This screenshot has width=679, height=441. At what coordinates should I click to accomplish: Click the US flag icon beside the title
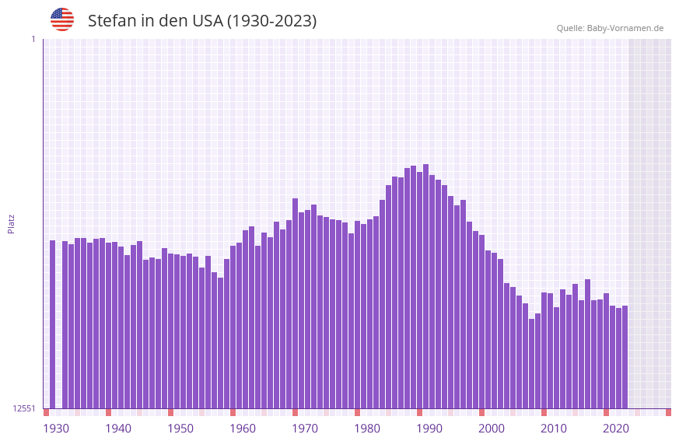[62, 19]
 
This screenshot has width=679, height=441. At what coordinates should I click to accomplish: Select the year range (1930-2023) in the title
[271, 21]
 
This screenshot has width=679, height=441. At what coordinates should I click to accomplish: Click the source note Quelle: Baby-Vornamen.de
[610, 28]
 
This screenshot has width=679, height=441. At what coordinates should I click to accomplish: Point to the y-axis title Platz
[11, 223]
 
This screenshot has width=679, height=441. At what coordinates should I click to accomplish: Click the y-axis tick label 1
[33, 39]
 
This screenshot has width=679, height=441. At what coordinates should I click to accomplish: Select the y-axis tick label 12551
[24, 408]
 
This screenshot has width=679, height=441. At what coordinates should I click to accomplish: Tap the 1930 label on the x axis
[56, 429]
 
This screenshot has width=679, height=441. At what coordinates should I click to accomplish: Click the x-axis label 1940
[118, 429]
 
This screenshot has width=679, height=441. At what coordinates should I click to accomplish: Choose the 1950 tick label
[180, 429]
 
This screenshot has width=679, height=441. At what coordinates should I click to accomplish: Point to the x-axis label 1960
[243, 429]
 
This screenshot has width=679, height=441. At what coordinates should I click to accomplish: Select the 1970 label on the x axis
[305, 429]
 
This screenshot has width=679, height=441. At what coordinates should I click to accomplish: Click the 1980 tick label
[367, 429]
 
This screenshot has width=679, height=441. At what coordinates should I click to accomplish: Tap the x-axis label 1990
[429, 429]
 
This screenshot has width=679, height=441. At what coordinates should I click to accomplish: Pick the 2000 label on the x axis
[492, 429]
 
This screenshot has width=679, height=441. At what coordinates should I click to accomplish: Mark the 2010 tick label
[554, 429]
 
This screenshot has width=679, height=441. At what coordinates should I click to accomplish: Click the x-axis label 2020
[616, 429]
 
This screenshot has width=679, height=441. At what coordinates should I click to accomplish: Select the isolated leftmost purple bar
[53, 324]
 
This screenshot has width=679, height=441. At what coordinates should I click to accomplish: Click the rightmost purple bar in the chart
[625, 356]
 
